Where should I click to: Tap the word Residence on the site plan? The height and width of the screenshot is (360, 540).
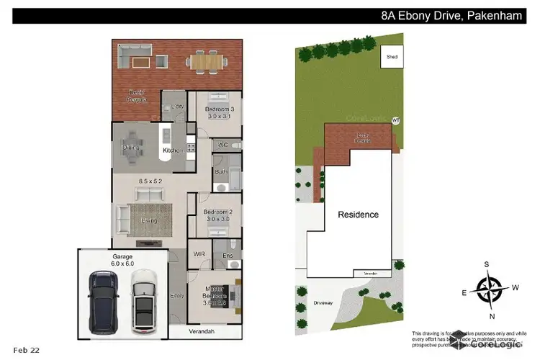point(358,215)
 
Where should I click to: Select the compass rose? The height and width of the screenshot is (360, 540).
point(489,289)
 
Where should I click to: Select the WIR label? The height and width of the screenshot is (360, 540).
point(199,254)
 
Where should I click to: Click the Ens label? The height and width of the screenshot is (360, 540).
point(228,254)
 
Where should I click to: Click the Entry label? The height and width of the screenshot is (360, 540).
point(176,296)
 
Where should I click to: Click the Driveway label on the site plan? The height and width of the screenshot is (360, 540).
point(323,303)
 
